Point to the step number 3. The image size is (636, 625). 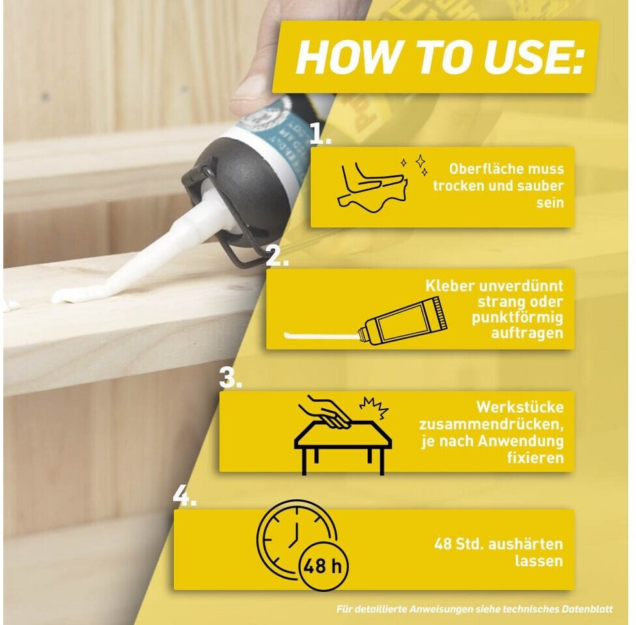[230, 377]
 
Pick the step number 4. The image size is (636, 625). [185, 495]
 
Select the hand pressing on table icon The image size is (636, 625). [343, 435]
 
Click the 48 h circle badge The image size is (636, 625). [323, 566]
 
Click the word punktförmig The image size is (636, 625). [518, 318]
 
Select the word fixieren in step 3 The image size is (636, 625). [535, 458]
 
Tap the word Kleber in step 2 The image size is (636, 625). [450, 286]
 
